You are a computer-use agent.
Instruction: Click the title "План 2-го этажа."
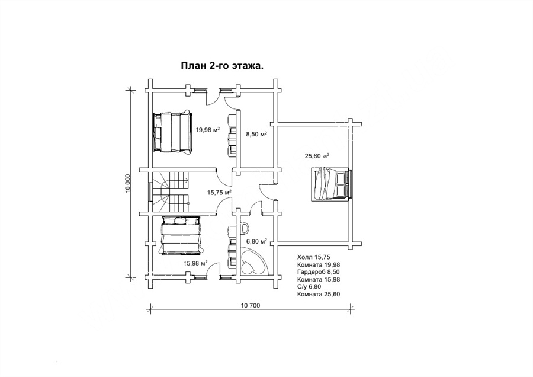(222, 66)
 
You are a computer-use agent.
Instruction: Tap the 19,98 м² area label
(207, 129)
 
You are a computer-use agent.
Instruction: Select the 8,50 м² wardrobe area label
(256, 134)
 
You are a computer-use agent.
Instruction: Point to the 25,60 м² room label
(317, 156)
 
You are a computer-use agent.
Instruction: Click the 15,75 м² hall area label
(219, 192)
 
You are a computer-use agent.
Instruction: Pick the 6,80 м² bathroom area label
(256, 242)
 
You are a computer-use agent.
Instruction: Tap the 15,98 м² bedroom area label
(195, 263)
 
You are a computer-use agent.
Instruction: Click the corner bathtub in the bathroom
(252, 261)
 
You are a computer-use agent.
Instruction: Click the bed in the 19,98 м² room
(172, 132)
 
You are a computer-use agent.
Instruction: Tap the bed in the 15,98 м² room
(181, 236)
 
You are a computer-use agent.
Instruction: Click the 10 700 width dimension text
(250, 305)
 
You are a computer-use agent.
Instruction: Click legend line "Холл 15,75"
(314, 257)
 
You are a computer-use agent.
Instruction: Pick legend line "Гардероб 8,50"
(319, 272)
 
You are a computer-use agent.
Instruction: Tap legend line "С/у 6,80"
(309, 287)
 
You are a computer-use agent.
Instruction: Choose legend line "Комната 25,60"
(319, 295)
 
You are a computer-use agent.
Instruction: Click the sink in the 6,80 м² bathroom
(244, 228)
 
